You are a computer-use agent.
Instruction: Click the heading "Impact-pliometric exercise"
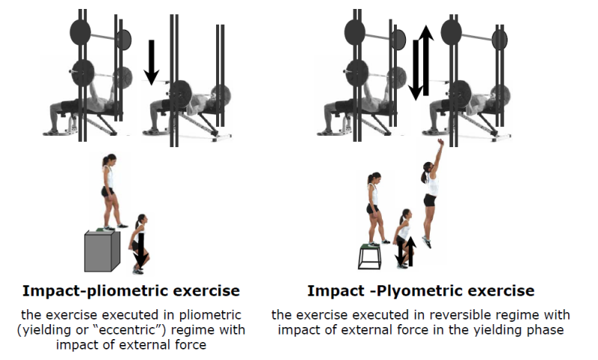coord(131,290)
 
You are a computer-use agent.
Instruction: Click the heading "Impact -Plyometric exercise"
coord(421,290)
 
